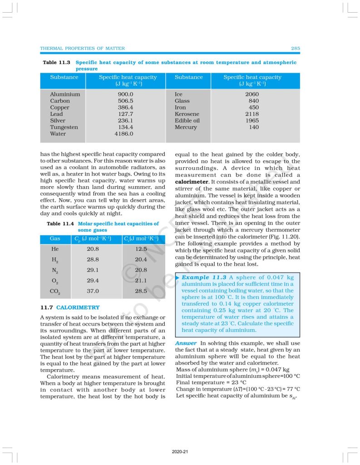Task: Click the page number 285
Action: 295,49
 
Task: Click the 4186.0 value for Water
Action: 125,134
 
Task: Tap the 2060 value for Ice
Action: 252,94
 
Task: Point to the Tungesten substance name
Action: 64,127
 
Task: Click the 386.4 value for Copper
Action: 125,108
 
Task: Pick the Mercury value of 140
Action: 254,127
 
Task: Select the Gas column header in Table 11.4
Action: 55,238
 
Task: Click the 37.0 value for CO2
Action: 93,291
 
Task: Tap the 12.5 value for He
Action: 141,249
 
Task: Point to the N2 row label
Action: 55,270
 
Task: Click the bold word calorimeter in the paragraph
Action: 192,182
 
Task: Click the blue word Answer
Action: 186,343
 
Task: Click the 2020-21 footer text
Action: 180,452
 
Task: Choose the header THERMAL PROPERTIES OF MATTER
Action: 83,49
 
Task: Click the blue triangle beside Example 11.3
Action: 177,277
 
